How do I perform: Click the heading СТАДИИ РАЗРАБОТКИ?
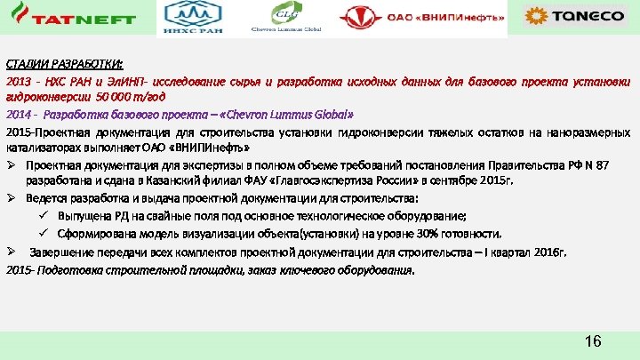(x=66, y=65)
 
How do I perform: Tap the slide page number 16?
(x=594, y=341)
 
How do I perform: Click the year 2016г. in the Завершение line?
(x=549, y=252)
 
